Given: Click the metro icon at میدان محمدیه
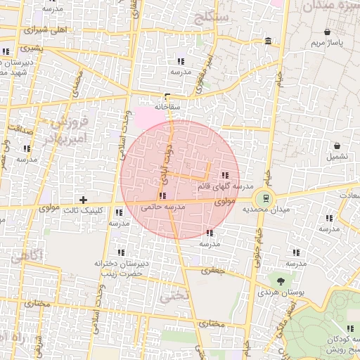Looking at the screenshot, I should [x=264, y=198].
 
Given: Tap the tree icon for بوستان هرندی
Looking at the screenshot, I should [x=281, y=281].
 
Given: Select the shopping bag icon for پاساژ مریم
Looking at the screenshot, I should [x=328, y=32].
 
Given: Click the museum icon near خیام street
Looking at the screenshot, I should [x=269, y=43].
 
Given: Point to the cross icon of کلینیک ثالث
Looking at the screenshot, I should [x=84, y=200].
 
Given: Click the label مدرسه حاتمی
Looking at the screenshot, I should [x=162, y=207].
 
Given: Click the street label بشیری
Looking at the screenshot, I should [x=31, y=49].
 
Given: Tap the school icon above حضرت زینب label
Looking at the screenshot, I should [x=122, y=252].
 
